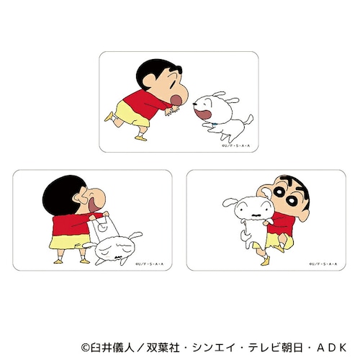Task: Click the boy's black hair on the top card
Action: (150, 70)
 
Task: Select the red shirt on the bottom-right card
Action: (278, 220)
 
